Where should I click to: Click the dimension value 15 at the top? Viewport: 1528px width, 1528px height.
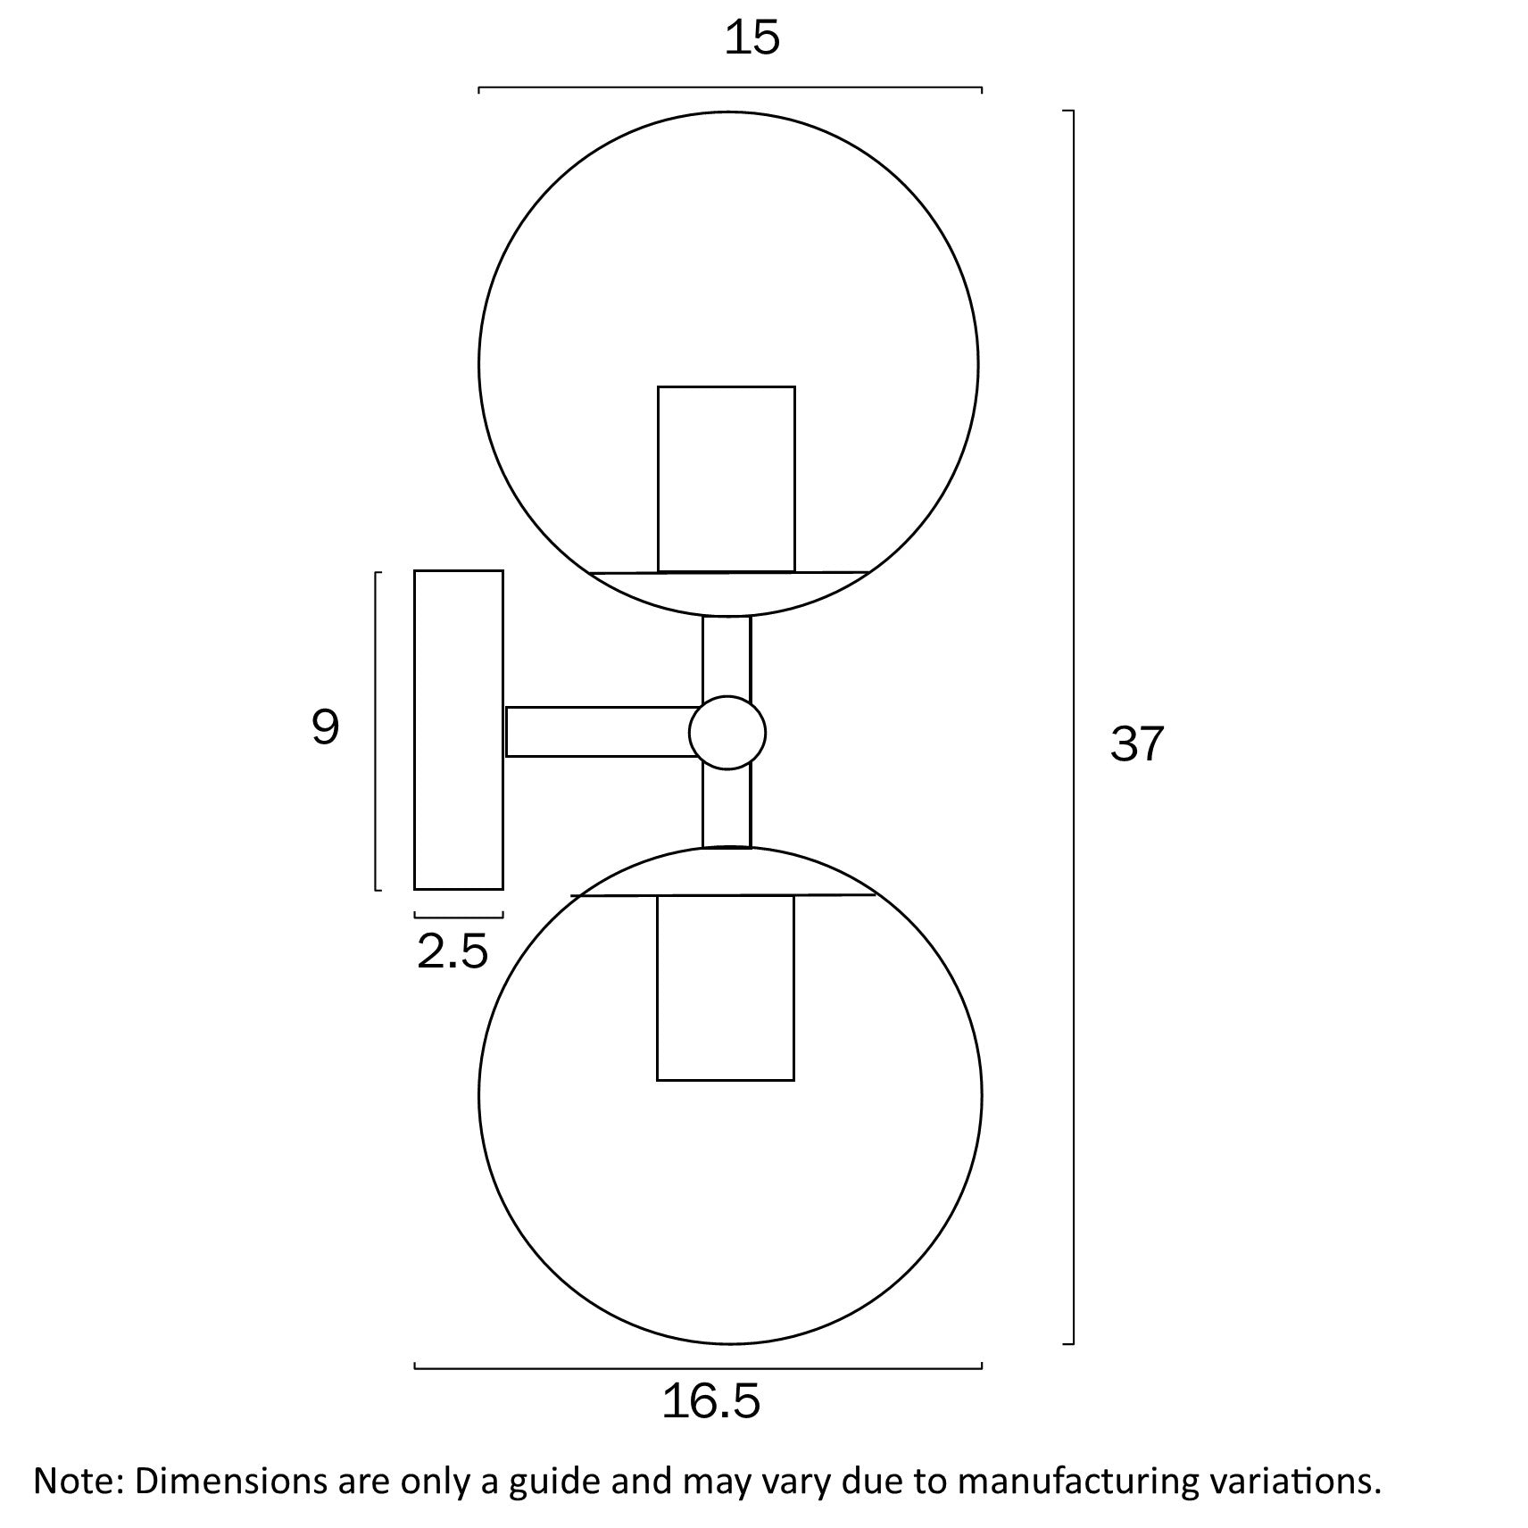tap(752, 37)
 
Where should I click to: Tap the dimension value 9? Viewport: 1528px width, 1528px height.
tap(326, 727)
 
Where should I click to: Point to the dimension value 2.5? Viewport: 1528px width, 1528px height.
tap(453, 951)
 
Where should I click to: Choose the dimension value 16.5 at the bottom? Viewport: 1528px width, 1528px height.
tap(710, 1401)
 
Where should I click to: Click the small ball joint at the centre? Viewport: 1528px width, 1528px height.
tap(727, 733)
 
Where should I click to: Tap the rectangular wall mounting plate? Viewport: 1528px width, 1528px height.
tap(459, 730)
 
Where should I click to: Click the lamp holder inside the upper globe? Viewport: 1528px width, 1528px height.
tap(727, 479)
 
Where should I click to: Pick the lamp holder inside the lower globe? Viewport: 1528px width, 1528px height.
tap(726, 987)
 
